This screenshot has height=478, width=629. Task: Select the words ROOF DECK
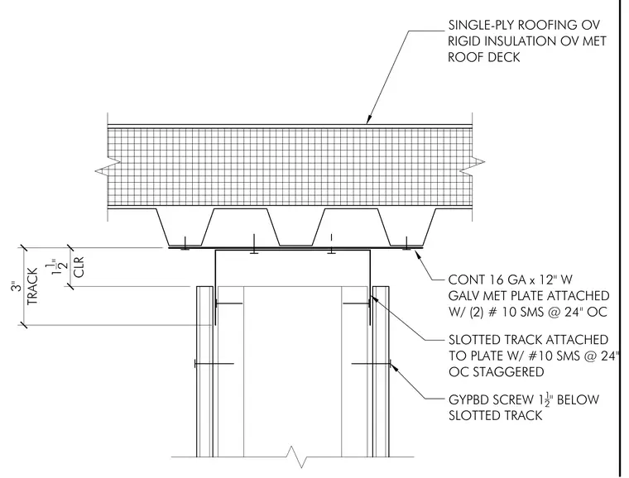(484, 57)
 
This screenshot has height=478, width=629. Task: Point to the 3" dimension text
(15, 287)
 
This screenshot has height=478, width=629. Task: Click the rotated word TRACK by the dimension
(32, 286)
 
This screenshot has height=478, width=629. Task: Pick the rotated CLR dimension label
(79, 267)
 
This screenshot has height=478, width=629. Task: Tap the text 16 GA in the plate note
(504, 280)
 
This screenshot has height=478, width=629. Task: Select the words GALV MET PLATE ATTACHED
(529, 296)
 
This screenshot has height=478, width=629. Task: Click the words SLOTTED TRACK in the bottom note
(495, 415)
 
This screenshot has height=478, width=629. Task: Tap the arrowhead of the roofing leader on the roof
(367, 120)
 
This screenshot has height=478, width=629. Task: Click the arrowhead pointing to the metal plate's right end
(419, 252)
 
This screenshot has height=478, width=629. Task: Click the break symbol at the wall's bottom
(298, 456)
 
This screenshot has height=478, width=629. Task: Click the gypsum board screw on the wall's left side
(214, 364)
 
